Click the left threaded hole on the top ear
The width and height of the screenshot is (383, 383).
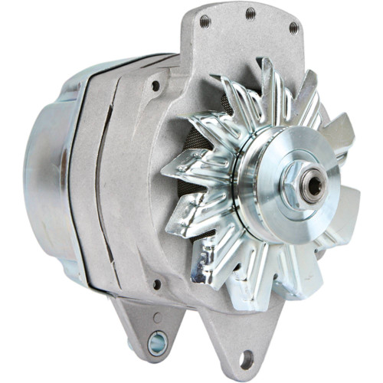[x=205, y=20]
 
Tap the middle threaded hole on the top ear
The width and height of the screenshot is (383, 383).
[x=250, y=13]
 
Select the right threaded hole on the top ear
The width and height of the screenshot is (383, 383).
[x=293, y=28]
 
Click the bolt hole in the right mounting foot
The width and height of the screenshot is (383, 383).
[x=247, y=356]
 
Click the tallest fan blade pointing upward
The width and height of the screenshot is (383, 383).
[x=270, y=84]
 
